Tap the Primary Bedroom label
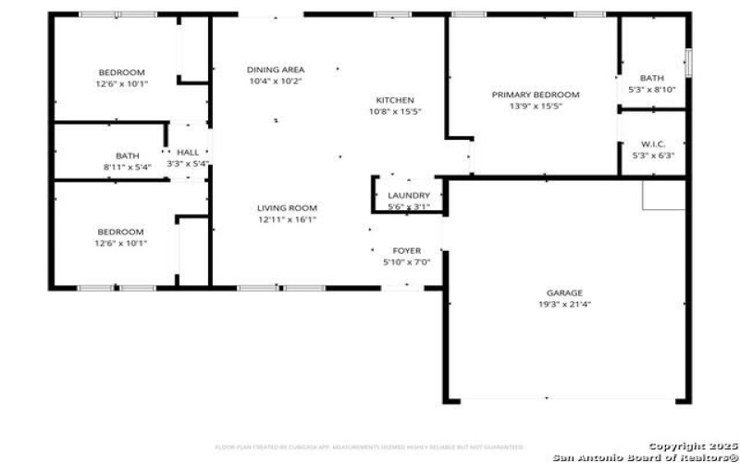(x=535, y=94)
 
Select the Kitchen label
(x=395, y=100)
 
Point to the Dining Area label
(x=276, y=69)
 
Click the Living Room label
(x=287, y=208)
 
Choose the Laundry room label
(x=408, y=195)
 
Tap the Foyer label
(x=407, y=251)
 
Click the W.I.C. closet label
(x=652, y=144)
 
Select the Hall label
(x=188, y=153)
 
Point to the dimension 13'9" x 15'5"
(x=535, y=106)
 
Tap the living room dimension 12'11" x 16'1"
(x=287, y=220)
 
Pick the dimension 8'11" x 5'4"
(x=127, y=168)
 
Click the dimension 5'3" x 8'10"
(x=652, y=90)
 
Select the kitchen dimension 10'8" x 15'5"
(x=395, y=112)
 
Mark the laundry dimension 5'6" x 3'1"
(x=408, y=206)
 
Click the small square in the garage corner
(x=663, y=194)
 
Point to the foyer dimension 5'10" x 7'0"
(x=407, y=263)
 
